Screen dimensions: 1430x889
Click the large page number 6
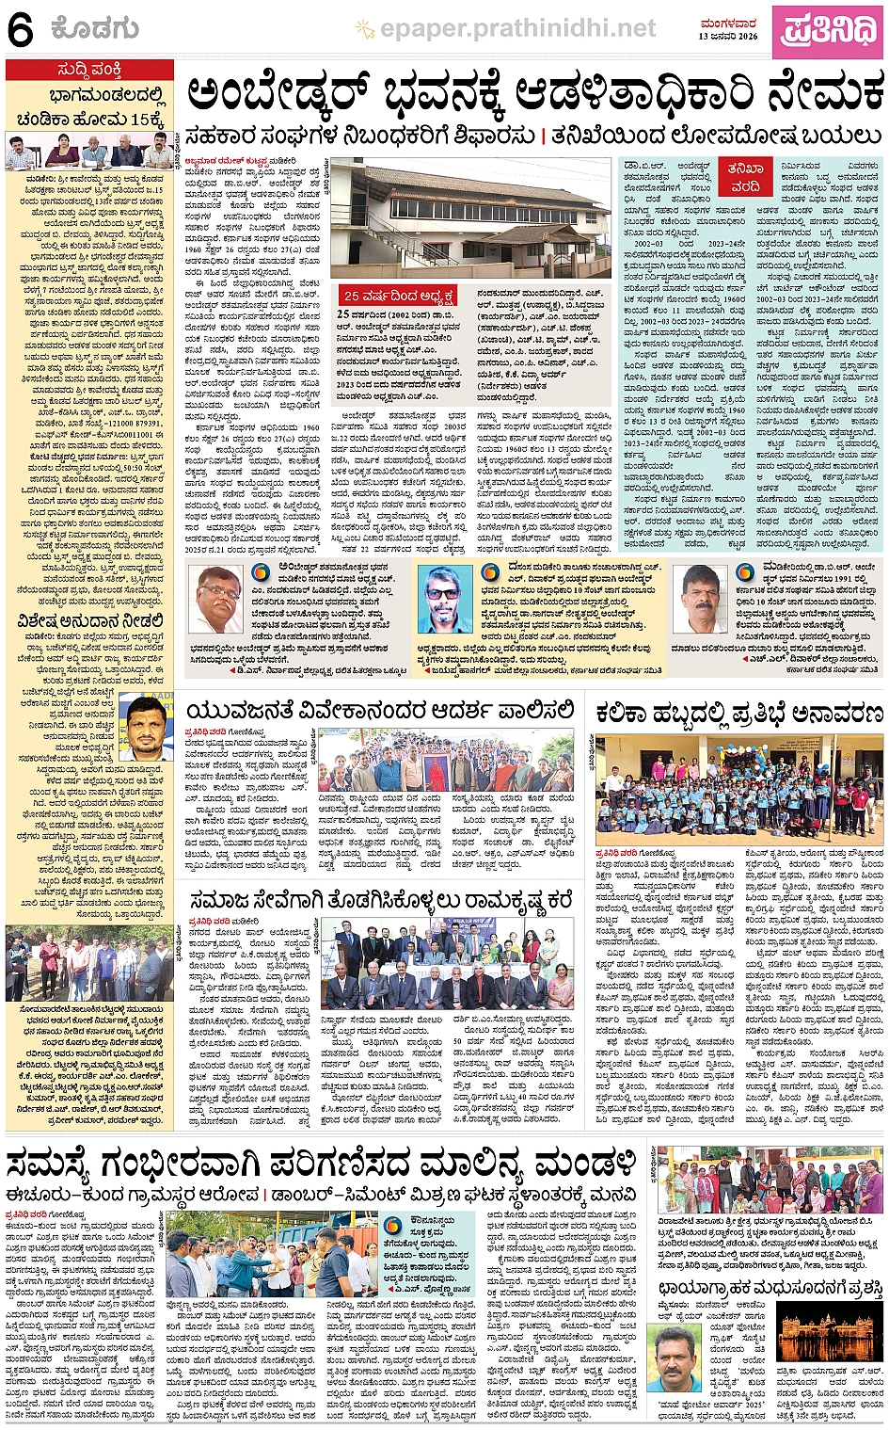coord(20,31)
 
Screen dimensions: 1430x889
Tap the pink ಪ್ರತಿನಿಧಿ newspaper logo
coord(827,31)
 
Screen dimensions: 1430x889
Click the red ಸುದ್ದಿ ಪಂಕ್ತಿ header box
coord(89,71)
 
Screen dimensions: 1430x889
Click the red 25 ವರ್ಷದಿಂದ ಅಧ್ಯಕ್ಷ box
coord(399,296)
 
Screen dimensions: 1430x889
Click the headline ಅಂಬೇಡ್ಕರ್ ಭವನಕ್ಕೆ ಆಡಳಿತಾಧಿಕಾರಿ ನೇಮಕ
coord(533,95)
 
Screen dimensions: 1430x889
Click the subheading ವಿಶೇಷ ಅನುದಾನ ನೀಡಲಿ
coord(90,621)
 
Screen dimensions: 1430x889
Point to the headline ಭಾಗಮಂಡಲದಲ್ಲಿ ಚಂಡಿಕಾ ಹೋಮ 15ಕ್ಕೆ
coord(90,107)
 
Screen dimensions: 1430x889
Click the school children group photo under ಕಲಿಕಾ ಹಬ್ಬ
coord(739,778)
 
